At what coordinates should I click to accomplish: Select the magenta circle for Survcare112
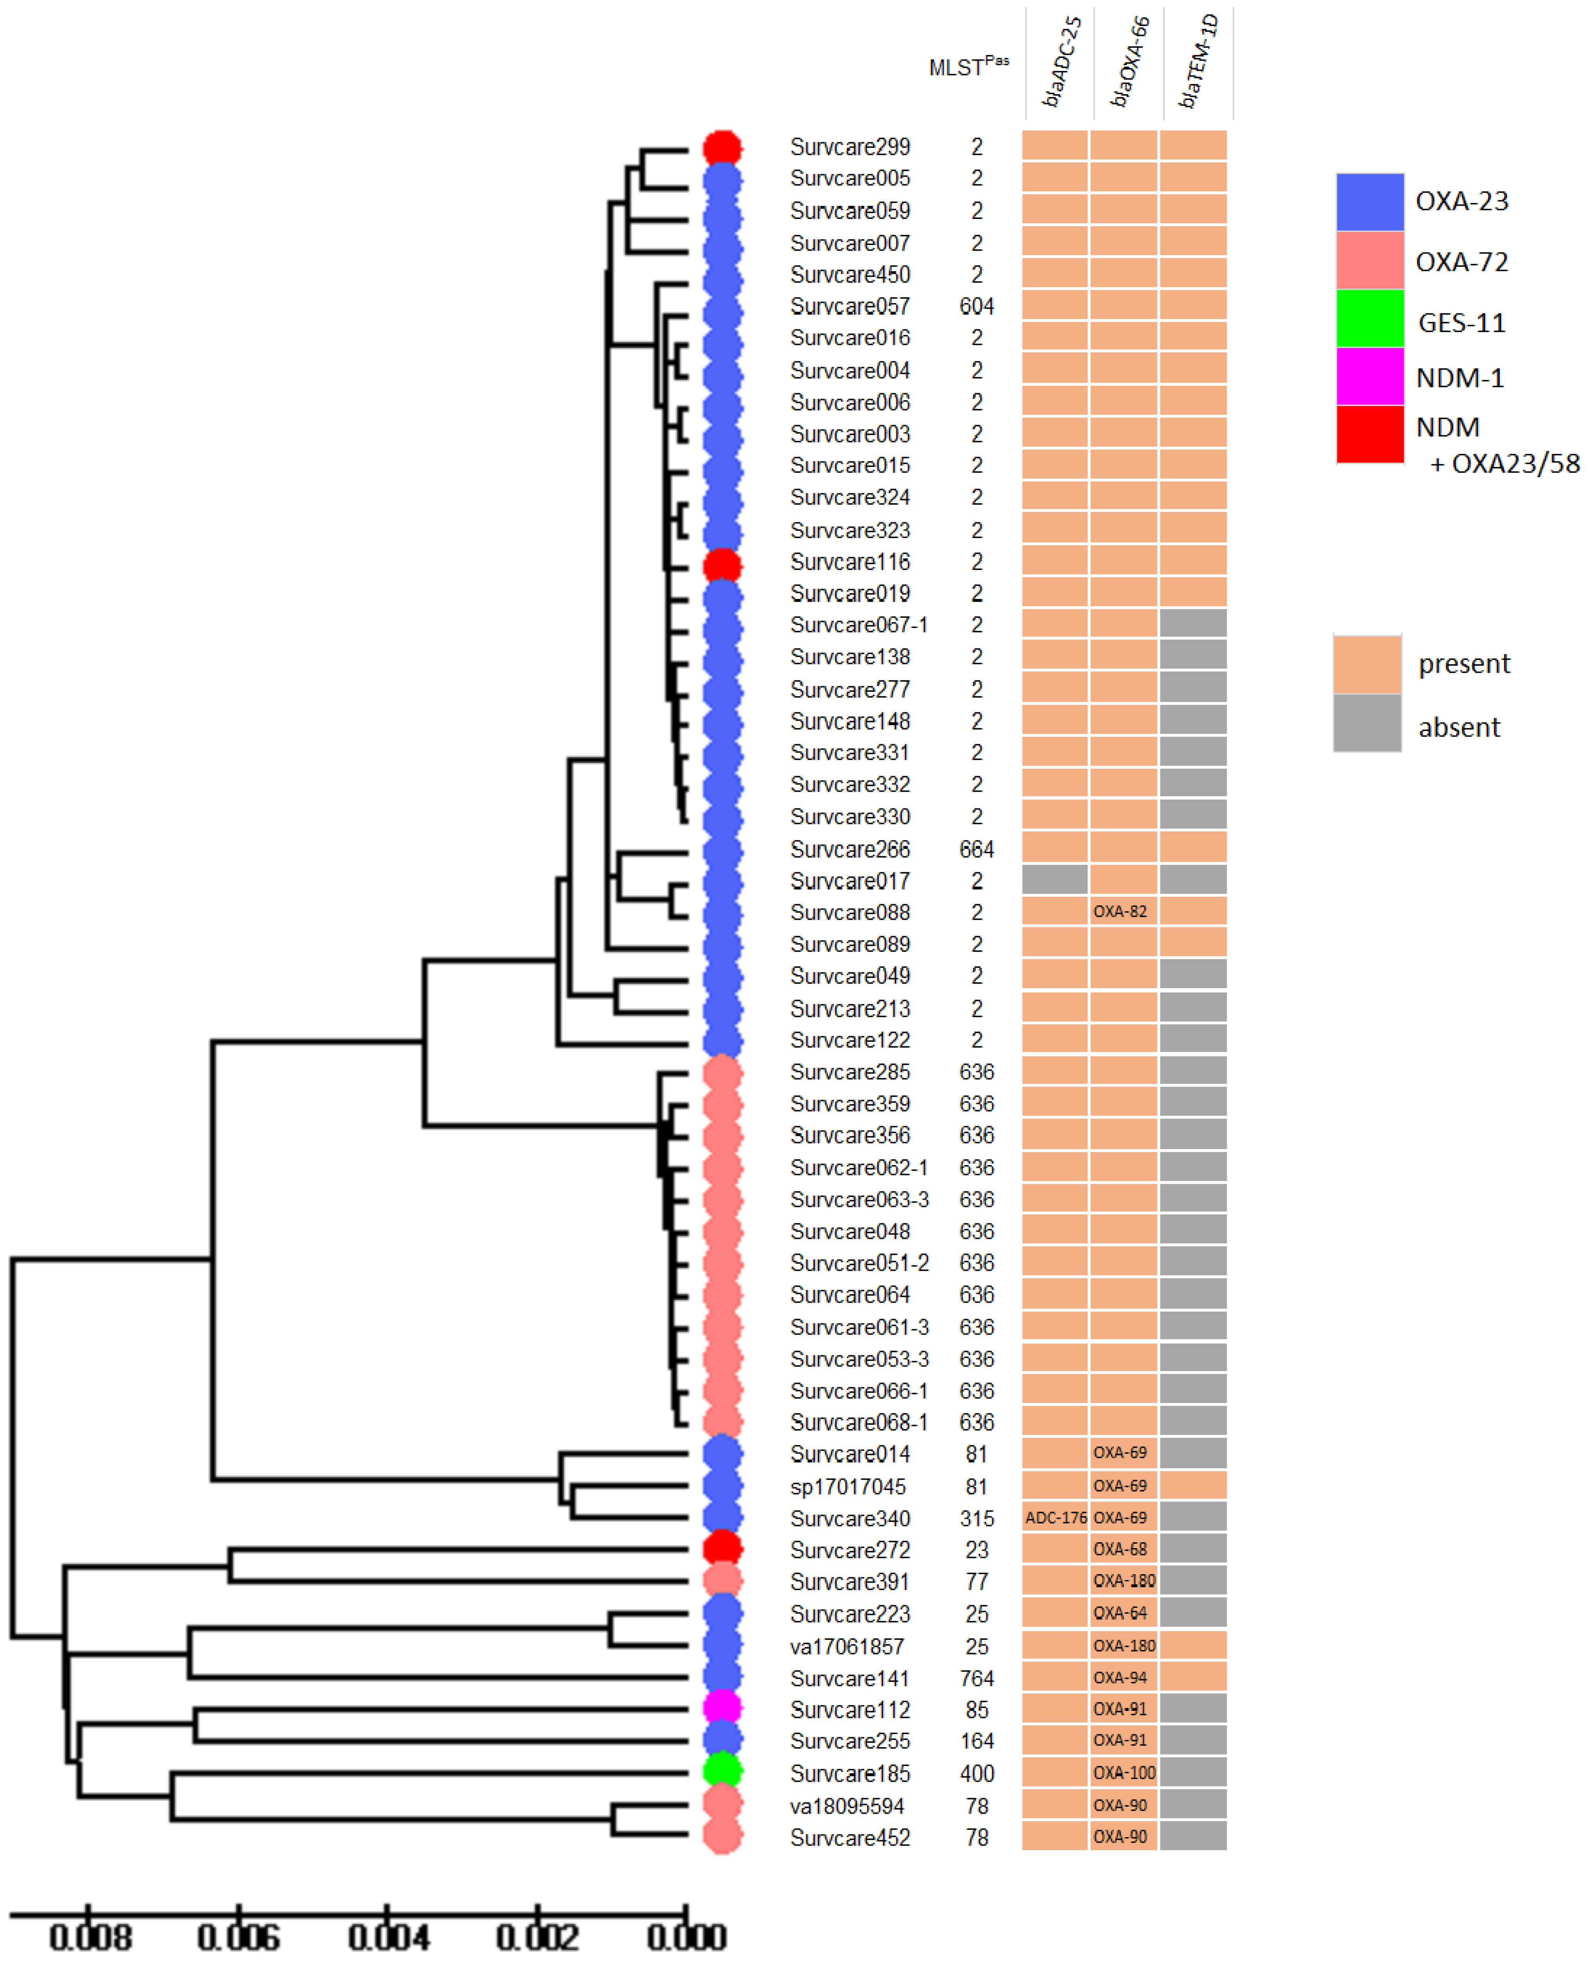pyautogui.click(x=722, y=1708)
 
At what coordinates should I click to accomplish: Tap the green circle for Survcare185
pyautogui.click(x=722, y=1772)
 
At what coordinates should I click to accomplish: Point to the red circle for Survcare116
pyautogui.click(x=722, y=563)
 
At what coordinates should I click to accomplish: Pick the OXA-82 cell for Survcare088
pyautogui.click(x=1123, y=912)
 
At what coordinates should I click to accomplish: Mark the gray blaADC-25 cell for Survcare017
pyautogui.click(x=1055, y=880)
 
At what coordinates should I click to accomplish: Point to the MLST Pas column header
pyautogui.click(x=968, y=67)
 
